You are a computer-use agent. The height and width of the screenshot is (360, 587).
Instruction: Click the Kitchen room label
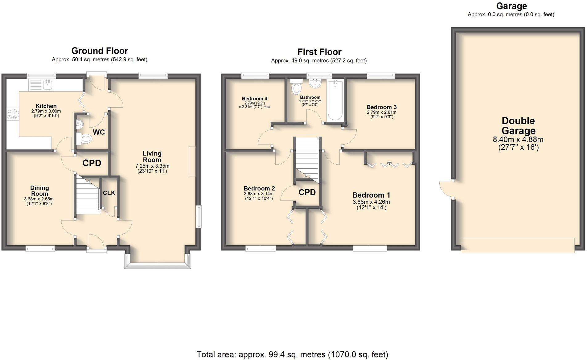(46, 106)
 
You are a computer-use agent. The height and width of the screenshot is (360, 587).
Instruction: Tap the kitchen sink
(47, 84)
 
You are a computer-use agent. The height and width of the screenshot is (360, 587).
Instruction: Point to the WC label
(99, 132)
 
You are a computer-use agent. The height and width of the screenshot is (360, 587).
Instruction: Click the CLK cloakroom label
(109, 193)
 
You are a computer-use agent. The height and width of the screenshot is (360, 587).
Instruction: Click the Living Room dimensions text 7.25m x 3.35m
(152, 166)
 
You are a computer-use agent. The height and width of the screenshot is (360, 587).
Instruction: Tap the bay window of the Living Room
(158, 265)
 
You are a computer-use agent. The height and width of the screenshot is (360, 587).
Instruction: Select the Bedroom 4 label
(254, 99)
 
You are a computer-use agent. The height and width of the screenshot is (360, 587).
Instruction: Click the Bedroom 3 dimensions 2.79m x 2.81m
(381, 112)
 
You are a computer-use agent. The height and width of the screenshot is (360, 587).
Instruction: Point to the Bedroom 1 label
(371, 195)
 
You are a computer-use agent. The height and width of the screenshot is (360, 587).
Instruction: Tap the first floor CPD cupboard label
(307, 192)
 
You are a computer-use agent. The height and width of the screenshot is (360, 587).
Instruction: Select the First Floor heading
(319, 52)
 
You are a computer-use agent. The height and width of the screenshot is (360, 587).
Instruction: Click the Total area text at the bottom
(292, 354)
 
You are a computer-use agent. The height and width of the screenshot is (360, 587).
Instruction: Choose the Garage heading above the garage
(511, 6)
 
